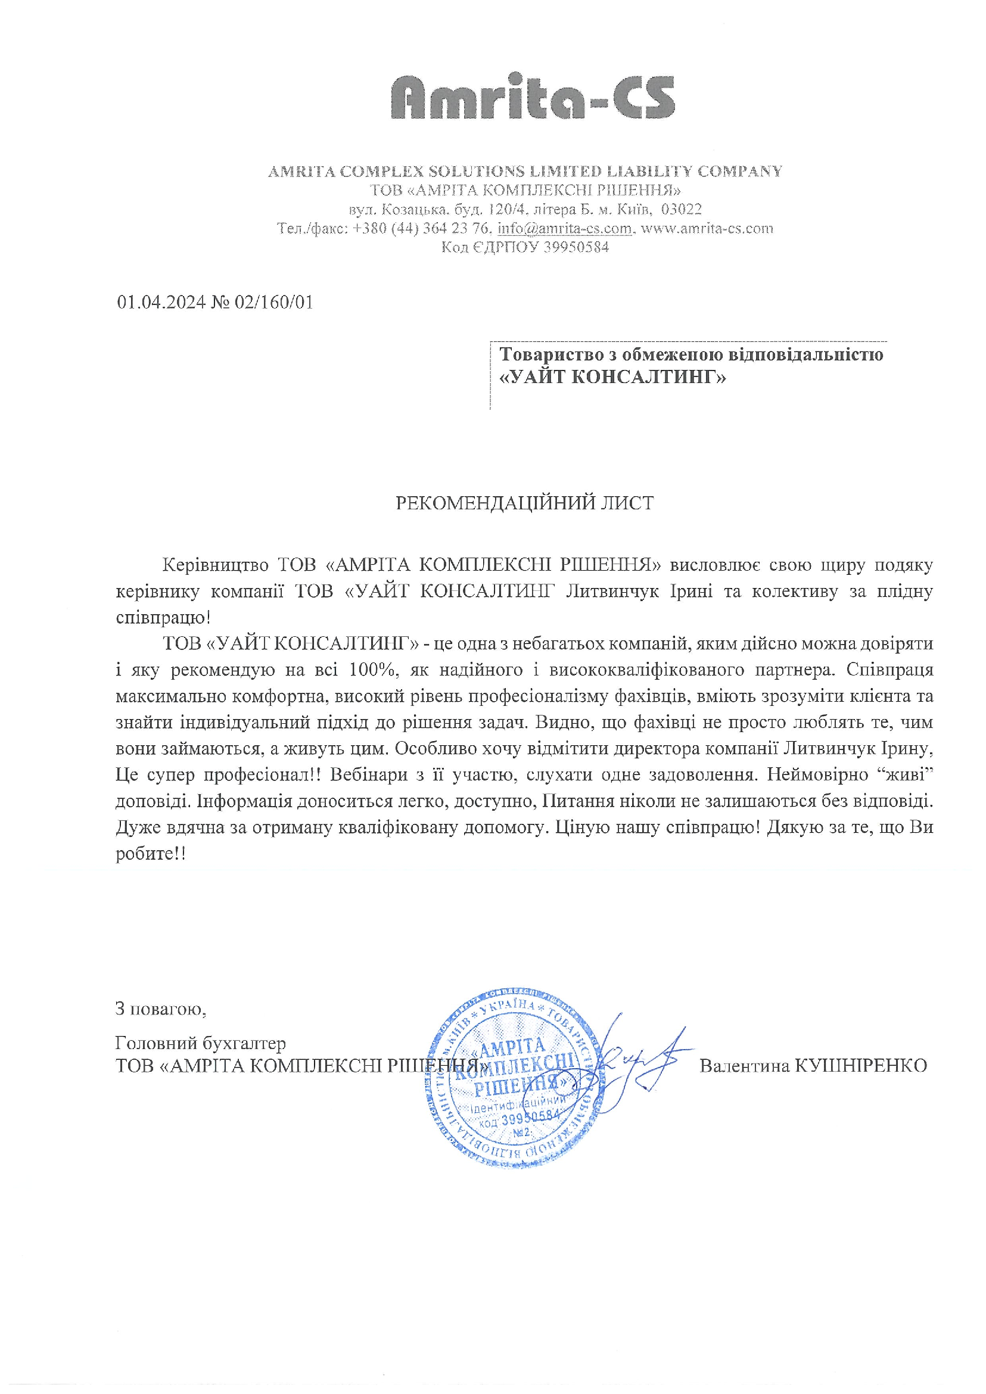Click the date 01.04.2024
click(160, 303)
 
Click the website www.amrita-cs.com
click(707, 229)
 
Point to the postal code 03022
click(681, 210)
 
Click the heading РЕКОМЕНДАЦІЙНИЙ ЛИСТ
click(524, 503)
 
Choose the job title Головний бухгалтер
click(200, 1043)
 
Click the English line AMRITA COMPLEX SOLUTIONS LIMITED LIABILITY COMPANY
click(525, 172)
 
